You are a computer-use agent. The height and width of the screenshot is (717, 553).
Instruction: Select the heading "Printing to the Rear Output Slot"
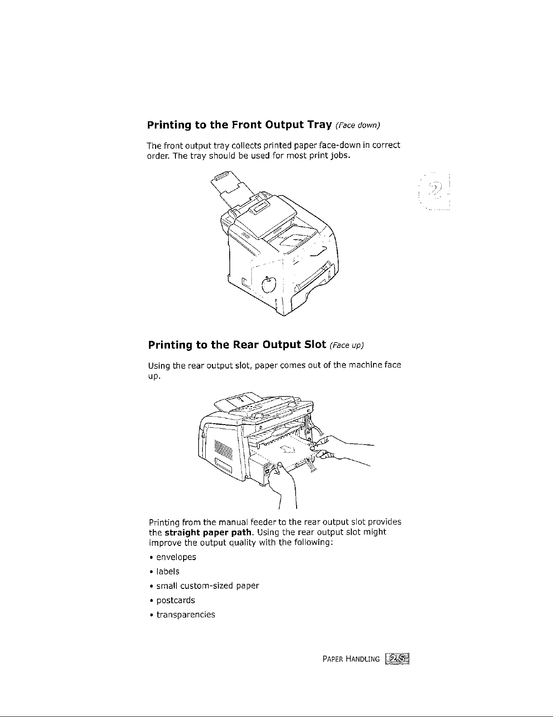[237, 345]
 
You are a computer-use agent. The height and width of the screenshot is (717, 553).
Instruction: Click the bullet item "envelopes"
[176, 557]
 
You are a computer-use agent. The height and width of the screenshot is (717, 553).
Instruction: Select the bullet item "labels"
[168, 571]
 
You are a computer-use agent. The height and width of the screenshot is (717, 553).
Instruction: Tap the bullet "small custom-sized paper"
[208, 586]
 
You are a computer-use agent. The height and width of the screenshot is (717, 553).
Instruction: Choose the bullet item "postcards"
[175, 600]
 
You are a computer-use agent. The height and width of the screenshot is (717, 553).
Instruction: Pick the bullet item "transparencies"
[185, 615]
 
